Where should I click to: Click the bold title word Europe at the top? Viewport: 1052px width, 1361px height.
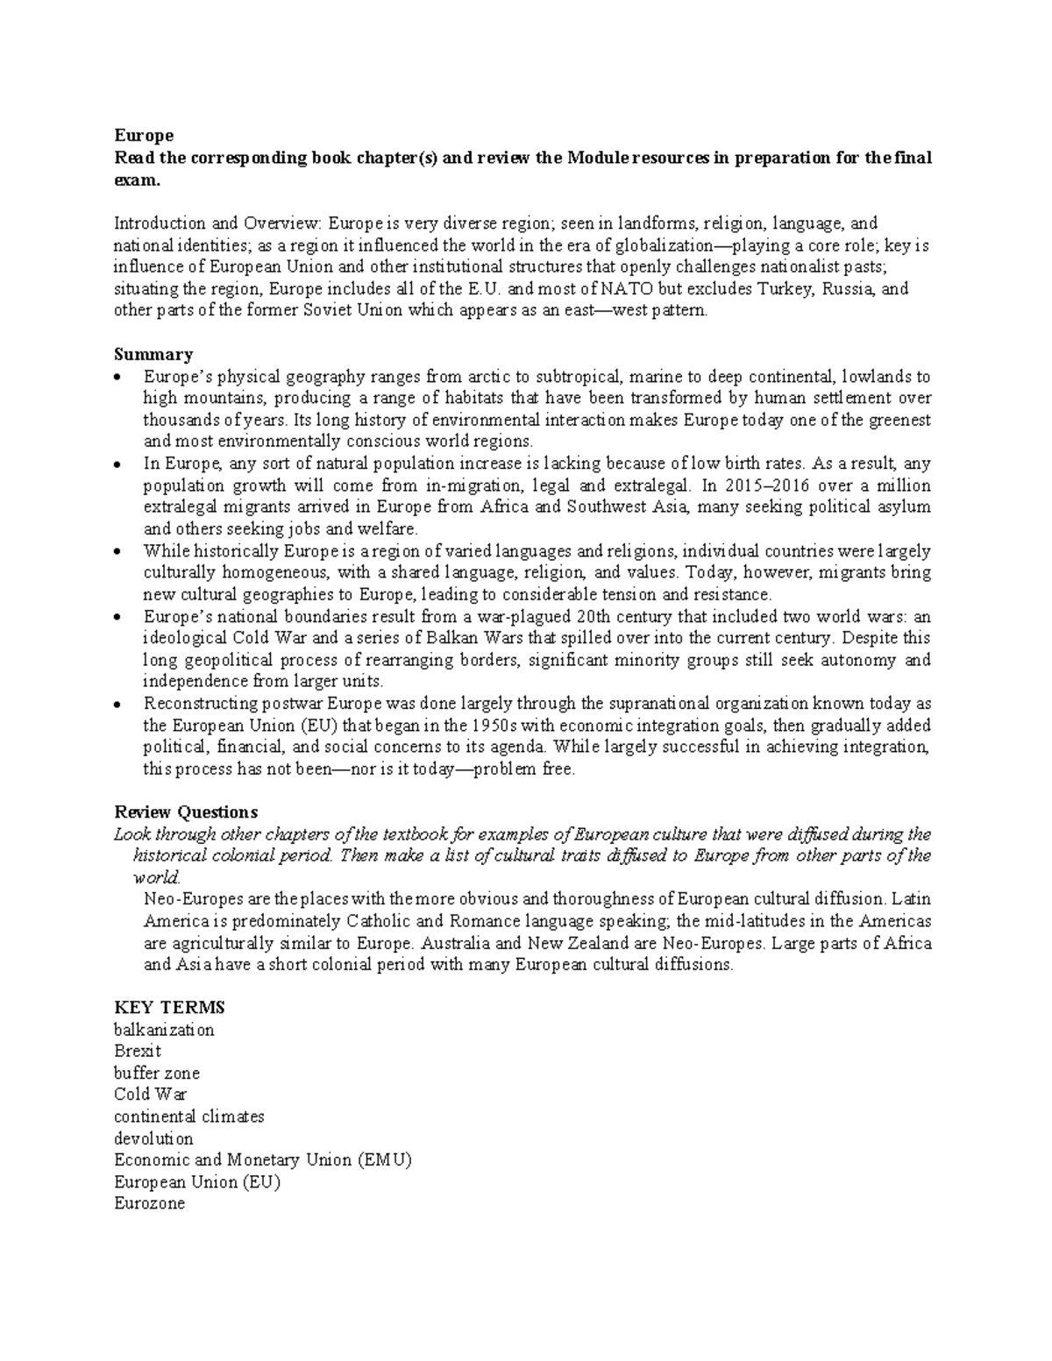tap(144, 136)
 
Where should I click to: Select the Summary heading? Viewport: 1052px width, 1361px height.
tap(153, 355)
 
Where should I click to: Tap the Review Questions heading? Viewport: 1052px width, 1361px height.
tap(186, 812)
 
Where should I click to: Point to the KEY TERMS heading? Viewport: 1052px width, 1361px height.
tap(169, 1007)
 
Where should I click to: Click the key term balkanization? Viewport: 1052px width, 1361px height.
tap(164, 1030)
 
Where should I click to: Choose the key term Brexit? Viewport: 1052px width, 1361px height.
tap(138, 1051)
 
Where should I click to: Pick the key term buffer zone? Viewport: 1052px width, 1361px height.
tap(157, 1073)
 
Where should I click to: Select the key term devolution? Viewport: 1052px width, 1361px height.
tap(153, 1138)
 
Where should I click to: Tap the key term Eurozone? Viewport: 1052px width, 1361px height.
tap(149, 1203)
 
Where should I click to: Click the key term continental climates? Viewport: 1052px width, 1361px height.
tap(188, 1116)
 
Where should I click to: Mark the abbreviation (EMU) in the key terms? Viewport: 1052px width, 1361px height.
tap(383, 1160)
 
